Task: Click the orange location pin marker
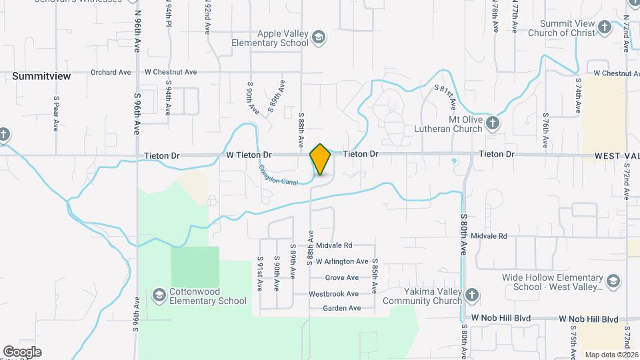pyautogui.click(x=320, y=159)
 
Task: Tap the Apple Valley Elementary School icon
pyautogui.click(x=319, y=37)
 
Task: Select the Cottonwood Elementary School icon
pyautogui.click(x=159, y=295)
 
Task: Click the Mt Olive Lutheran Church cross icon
pyautogui.click(x=492, y=123)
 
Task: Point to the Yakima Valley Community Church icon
pyautogui.click(x=471, y=295)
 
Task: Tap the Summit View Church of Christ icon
pyautogui.click(x=604, y=27)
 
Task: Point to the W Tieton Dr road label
pyautogui.click(x=249, y=155)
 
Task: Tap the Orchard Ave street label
pyautogui.click(x=111, y=72)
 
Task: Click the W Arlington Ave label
pyautogui.click(x=342, y=261)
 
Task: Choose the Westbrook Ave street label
pyautogui.click(x=334, y=293)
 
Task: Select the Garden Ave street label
pyautogui.click(x=341, y=308)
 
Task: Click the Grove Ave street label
pyautogui.click(x=341, y=277)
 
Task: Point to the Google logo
pyautogui.click(x=22, y=352)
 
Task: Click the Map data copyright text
pyautogui.click(x=611, y=355)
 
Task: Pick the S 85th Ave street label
pyautogui.click(x=375, y=276)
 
